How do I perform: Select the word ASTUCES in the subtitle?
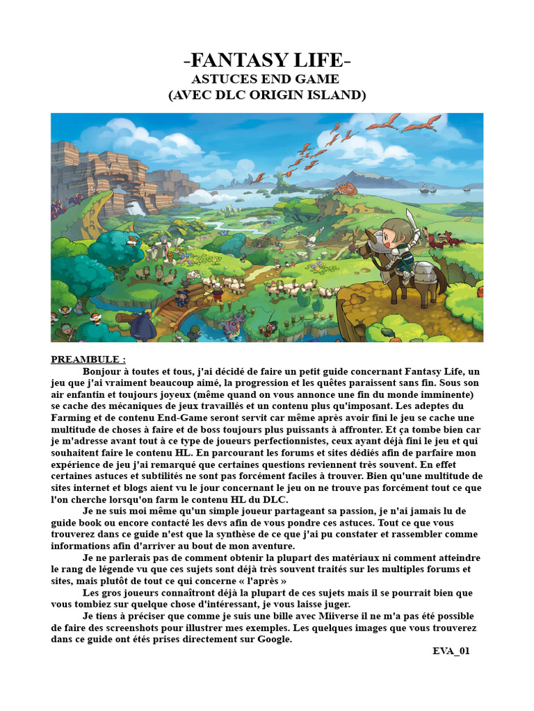pos(221,78)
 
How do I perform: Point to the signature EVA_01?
pos(451,651)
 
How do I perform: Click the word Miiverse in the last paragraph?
pos(342,617)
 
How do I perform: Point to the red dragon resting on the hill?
pos(345,189)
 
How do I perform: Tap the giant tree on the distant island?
pos(281,178)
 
